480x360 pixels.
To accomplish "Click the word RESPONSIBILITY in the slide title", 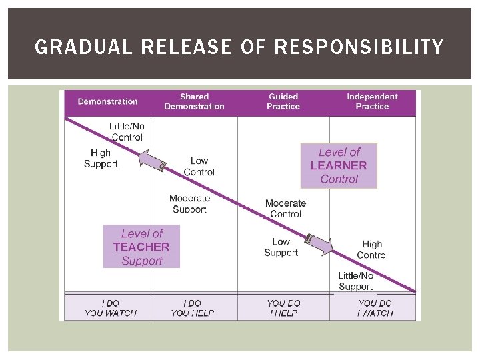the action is (x=359, y=47).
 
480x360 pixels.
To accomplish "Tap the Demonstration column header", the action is (x=108, y=102).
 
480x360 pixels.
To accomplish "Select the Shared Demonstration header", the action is (x=194, y=102).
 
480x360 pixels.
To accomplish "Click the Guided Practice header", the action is (x=283, y=102).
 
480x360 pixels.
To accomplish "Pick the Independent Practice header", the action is (x=372, y=102).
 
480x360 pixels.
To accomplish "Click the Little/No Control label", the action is (x=127, y=132).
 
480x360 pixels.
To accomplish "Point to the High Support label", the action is (x=101, y=159).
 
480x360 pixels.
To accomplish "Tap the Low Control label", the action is (x=199, y=167).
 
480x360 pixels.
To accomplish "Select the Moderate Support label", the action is (x=189, y=203).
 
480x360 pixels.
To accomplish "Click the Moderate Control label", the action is (x=285, y=209).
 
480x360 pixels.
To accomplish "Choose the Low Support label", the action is (x=281, y=247).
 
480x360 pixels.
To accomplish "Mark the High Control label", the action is (x=372, y=250).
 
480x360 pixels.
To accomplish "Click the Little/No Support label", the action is (x=355, y=281).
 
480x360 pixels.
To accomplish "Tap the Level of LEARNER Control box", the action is (x=339, y=166).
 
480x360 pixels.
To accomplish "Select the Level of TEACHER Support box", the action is (x=141, y=247).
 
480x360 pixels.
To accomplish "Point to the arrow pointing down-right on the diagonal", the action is (x=319, y=244).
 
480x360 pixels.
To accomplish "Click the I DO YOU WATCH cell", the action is (x=111, y=308).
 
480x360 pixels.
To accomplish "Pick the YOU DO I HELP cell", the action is (x=283, y=308).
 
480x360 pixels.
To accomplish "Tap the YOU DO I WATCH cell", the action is (x=375, y=308).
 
